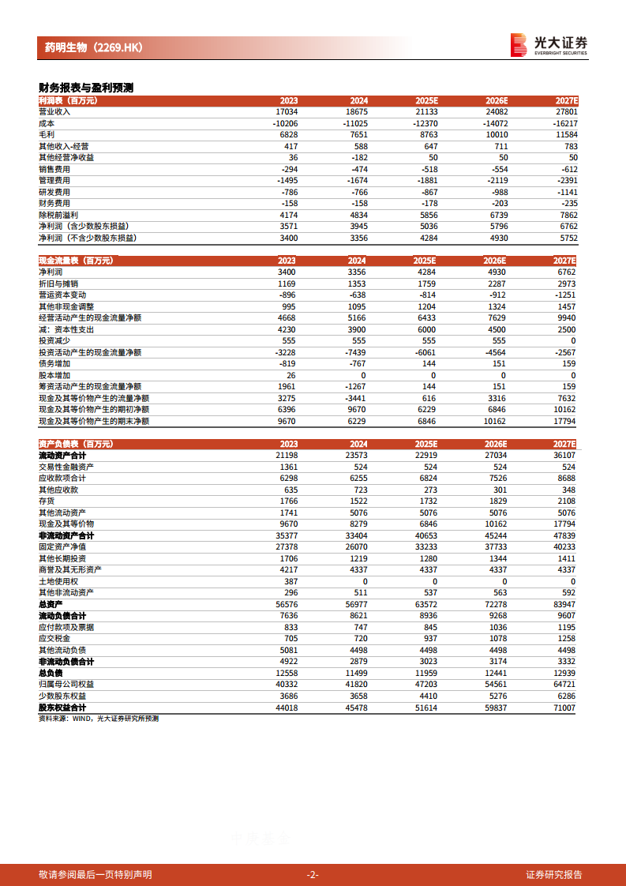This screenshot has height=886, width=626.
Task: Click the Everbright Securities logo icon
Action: [x=518, y=44]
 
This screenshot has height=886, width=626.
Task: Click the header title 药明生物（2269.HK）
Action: [x=94, y=47]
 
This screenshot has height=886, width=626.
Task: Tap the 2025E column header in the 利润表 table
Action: [x=426, y=100]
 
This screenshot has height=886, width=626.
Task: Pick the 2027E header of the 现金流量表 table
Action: [x=566, y=261]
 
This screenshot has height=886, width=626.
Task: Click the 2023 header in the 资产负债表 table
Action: [x=288, y=445]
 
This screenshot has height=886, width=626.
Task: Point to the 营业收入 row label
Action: [x=54, y=111]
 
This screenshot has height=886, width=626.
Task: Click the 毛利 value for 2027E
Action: [x=566, y=134]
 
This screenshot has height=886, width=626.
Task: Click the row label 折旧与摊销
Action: [x=58, y=283]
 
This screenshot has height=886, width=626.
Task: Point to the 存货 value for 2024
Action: [x=357, y=501]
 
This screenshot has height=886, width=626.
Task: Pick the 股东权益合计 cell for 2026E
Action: [x=495, y=708]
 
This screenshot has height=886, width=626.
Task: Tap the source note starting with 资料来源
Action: [x=99, y=719]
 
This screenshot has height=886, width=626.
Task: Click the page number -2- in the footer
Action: [x=313, y=874]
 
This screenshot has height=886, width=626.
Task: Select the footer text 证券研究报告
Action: [x=554, y=874]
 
